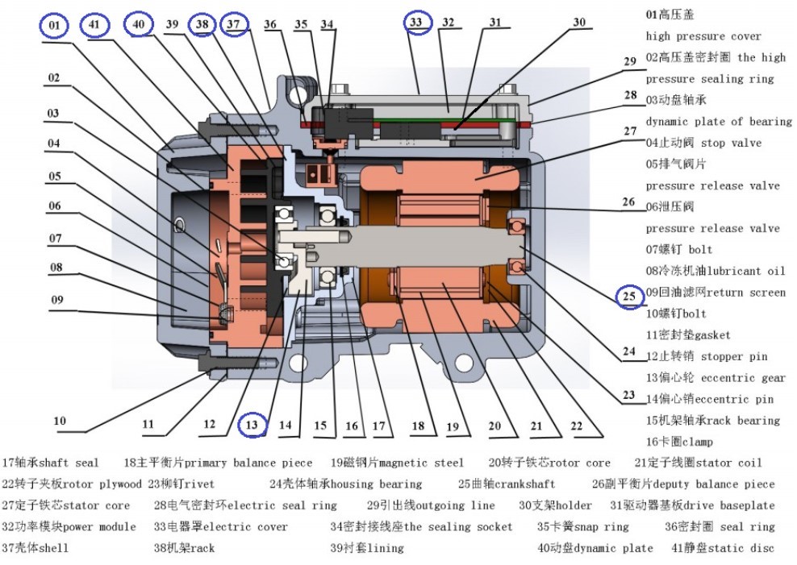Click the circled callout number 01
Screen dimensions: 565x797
point(54,26)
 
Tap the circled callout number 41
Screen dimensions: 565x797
point(95,26)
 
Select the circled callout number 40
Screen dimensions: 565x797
point(139,25)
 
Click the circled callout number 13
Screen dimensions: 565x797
point(252,424)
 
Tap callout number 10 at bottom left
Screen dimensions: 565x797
point(60,421)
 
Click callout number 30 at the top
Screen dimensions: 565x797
point(579,23)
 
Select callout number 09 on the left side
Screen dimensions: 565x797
point(56,301)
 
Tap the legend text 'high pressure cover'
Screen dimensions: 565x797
point(703,36)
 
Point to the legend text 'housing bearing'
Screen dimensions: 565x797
point(377,484)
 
